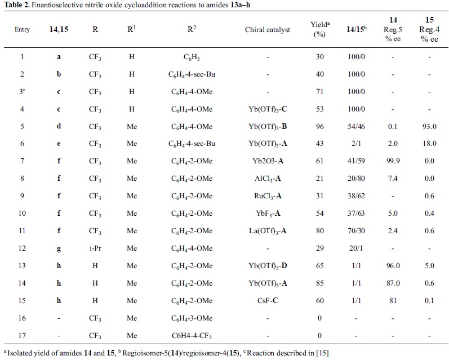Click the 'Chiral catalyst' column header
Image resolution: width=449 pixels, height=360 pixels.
(x=268, y=30)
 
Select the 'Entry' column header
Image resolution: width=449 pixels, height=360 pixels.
(x=23, y=30)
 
